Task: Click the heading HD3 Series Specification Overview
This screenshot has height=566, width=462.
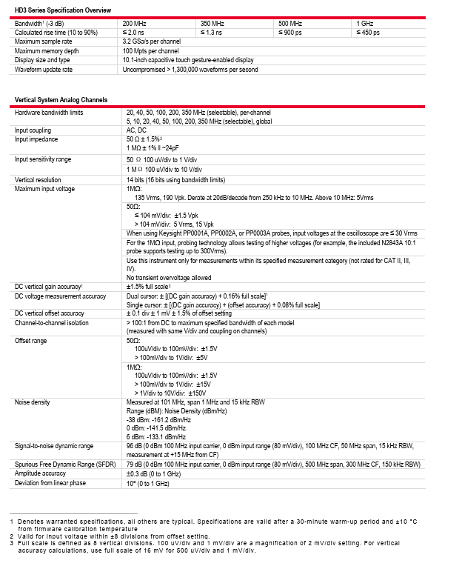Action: click(x=63, y=10)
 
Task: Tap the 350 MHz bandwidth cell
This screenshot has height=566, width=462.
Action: click(x=212, y=24)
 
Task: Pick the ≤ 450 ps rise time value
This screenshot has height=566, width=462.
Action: click(x=368, y=33)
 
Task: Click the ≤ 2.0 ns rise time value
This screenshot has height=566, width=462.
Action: click(x=135, y=33)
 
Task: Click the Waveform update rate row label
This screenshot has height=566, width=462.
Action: click(x=44, y=70)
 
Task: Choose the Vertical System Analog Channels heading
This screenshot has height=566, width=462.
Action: click(x=61, y=100)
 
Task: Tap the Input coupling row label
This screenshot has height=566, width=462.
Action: click(x=33, y=129)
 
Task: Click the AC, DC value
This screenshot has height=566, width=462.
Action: click(x=137, y=129)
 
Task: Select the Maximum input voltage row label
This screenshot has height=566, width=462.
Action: click(x=45, y=188)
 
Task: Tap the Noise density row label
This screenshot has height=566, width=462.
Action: click(x=33, y=402)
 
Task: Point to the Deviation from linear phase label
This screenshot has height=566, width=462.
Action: click(x=50, y=483)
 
